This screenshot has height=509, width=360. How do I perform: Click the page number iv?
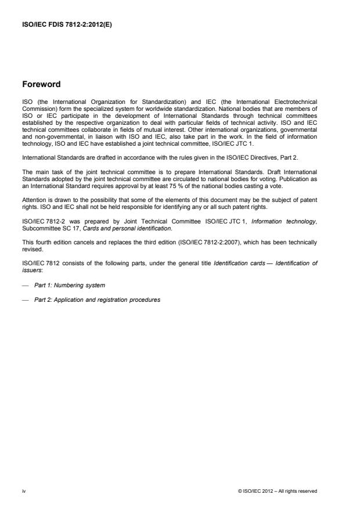pos(24,491)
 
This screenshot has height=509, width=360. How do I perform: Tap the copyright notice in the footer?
pos(278,491)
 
